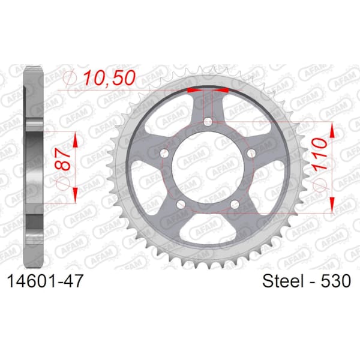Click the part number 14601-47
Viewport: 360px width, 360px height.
pyautogui.click(x=45, y=281)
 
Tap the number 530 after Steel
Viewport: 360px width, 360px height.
pyautogui.click(x=335, y=281)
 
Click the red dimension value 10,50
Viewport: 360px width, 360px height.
pyautogui.click(x=109, y=78)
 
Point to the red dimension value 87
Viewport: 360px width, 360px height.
pyautogui.click(x=62, y=160)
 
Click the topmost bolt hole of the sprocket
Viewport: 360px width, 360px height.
pyautogui.click(x=208, y=121)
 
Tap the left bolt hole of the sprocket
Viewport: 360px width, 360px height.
pyautogui.click(x=164, y=153)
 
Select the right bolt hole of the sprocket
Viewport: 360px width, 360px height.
pyautogui.click(x=251, y=153)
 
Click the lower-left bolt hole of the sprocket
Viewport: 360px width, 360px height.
pyautogui.click(x=181, y=204)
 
